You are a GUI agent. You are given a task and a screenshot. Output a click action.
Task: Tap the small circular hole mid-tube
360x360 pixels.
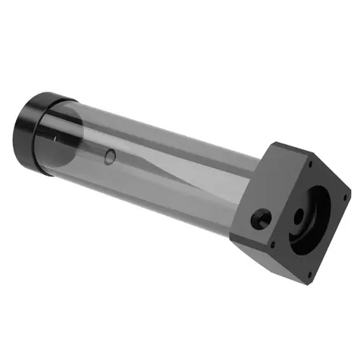111,157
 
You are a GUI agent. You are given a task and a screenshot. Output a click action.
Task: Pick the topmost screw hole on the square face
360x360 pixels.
310,164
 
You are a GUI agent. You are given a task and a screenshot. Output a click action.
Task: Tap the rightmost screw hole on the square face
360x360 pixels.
345,199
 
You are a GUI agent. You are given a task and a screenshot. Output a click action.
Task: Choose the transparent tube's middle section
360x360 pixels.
159,163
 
